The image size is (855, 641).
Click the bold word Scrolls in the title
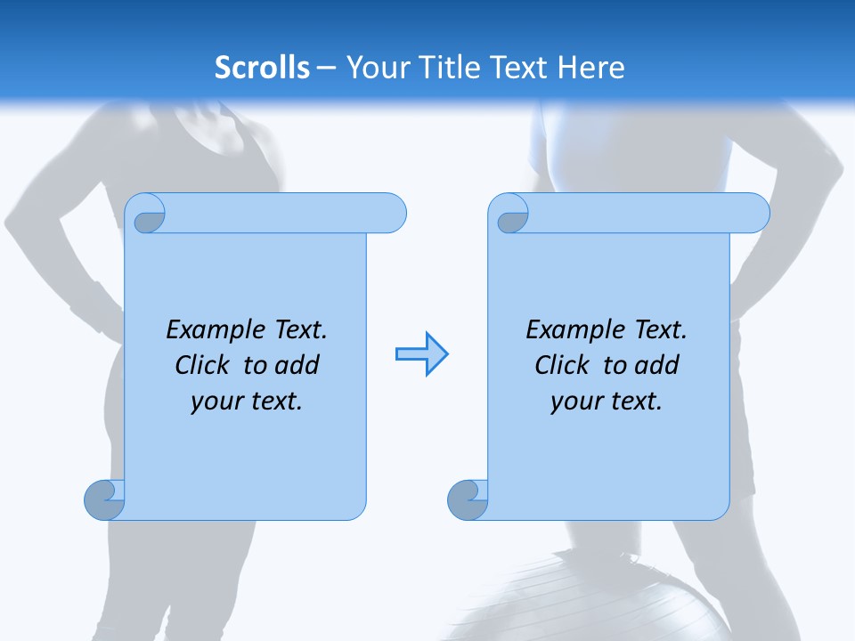tap(262, 68)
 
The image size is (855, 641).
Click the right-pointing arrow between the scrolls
tap(421, 354)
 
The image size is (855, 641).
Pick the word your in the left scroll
tap(216, 402)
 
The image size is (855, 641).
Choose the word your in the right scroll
tap(575, 402)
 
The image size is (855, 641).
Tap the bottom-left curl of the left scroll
tap(104, 500)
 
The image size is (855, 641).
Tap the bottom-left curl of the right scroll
tap(467, 500)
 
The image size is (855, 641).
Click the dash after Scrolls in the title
tap(325, 68)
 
